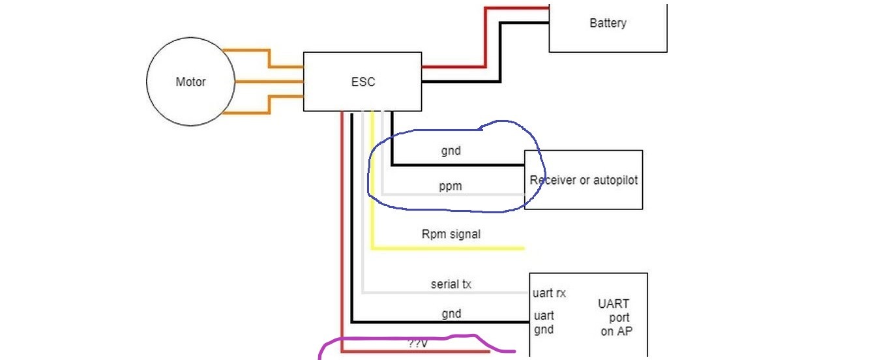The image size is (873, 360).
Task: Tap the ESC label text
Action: tap(363, 82)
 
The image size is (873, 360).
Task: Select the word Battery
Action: tap(608, 23)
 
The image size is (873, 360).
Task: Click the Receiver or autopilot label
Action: tap(584, 180)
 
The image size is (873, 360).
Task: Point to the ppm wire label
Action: tap(450, 187)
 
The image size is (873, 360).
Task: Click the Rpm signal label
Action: tap(451, 234)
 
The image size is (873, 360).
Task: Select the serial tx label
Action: tap(451, 284)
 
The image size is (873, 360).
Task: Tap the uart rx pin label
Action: tap(549, 293)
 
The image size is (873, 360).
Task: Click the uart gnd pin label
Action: tap(544, 322)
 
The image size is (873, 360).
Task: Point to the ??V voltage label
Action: tap(417, 344)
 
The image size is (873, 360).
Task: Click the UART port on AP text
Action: tap(615, 317)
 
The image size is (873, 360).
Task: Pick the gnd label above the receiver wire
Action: tap(451, 151)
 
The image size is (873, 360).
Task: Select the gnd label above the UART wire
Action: tap(451, 314)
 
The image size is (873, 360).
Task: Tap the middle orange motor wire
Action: tap(269, 82)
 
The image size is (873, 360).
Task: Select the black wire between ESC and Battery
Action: tap(501, 52)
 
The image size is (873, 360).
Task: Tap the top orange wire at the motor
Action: tap(269, 58)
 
